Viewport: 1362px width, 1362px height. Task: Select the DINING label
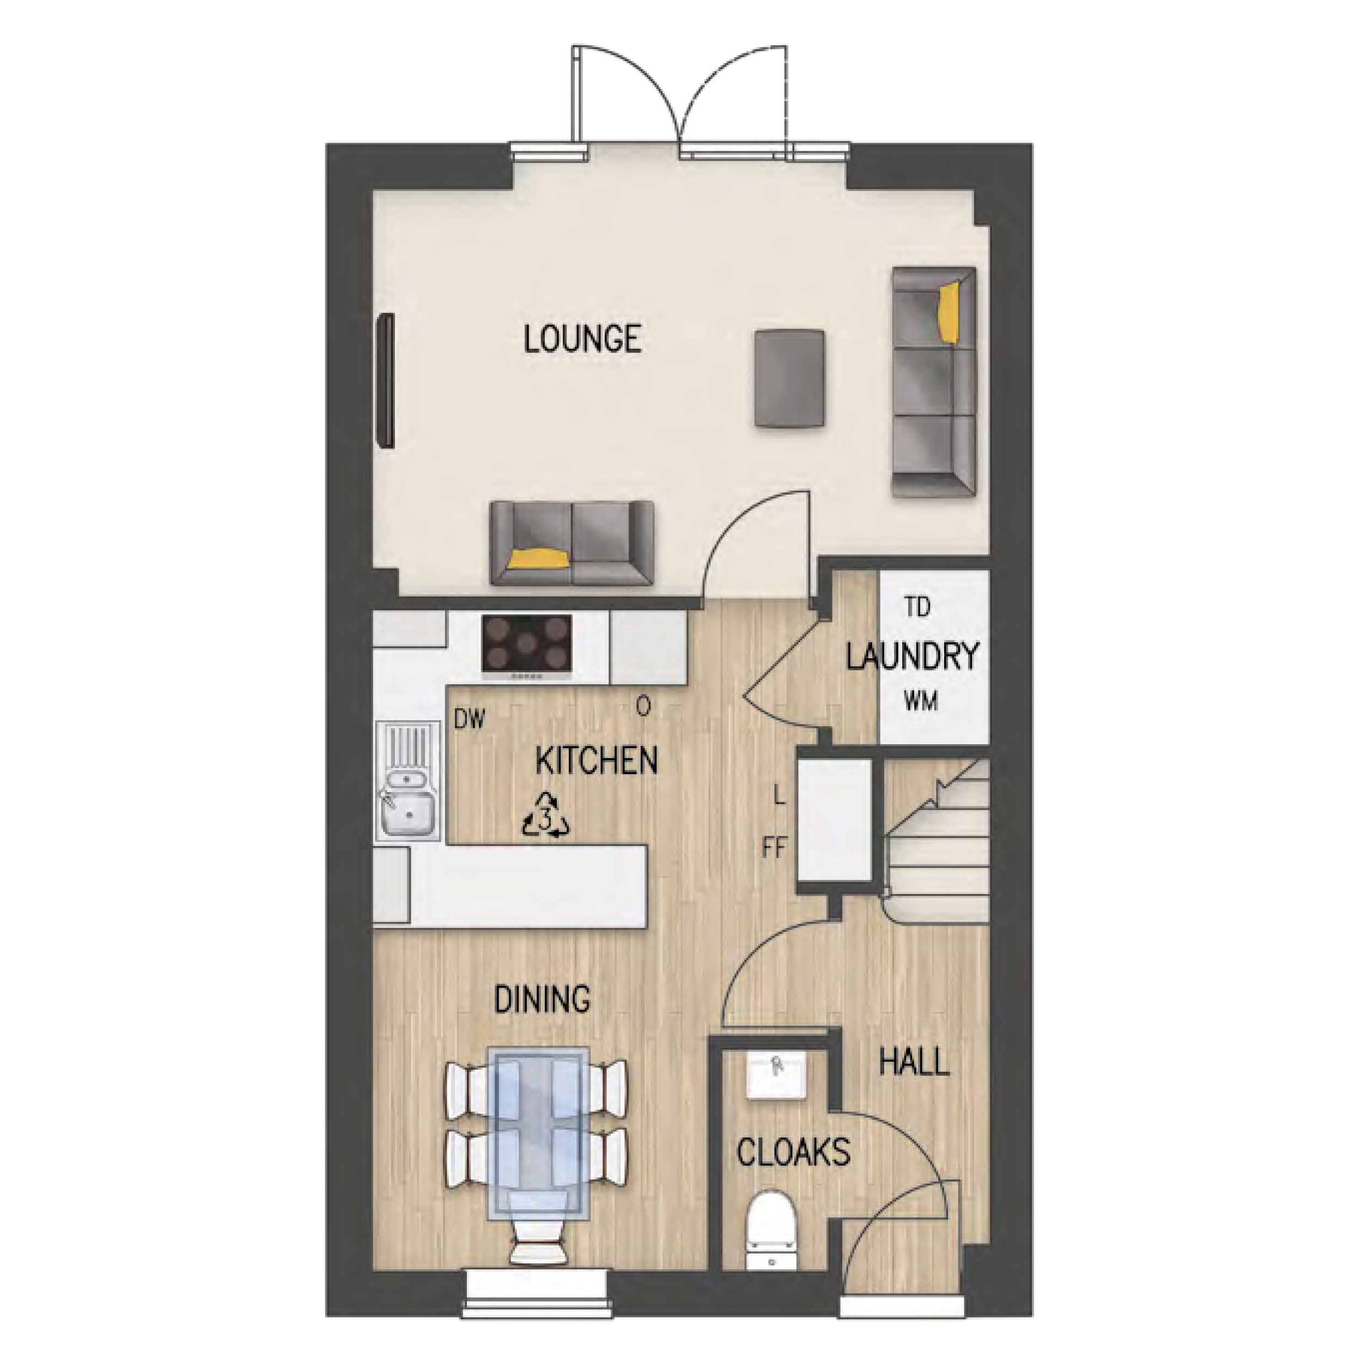pos(542,999)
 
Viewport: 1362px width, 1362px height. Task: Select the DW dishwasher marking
pos(470,720)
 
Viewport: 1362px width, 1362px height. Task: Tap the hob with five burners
pos(527,647)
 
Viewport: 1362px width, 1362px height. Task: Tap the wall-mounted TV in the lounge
pos(386,380)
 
